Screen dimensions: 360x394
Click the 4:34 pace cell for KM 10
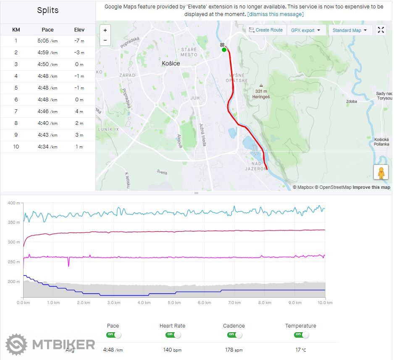(47, 147)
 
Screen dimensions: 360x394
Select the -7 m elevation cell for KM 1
(79, 41)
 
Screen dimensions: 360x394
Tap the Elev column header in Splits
(79, 30)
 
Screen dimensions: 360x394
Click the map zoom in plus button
(105, 30)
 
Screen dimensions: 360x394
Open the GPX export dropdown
(305, 30)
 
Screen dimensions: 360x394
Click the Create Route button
(266, 30)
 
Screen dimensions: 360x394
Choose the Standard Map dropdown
(350, 30)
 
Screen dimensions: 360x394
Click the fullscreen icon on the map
(381, 30)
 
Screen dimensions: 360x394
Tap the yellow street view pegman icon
(381, 172)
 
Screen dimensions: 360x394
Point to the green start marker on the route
(224, 50)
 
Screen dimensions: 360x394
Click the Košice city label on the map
(171, 64)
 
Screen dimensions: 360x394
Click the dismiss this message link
(275, 14)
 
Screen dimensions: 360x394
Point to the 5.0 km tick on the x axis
(174, 303)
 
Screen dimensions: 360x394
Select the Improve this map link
(371, 188)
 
